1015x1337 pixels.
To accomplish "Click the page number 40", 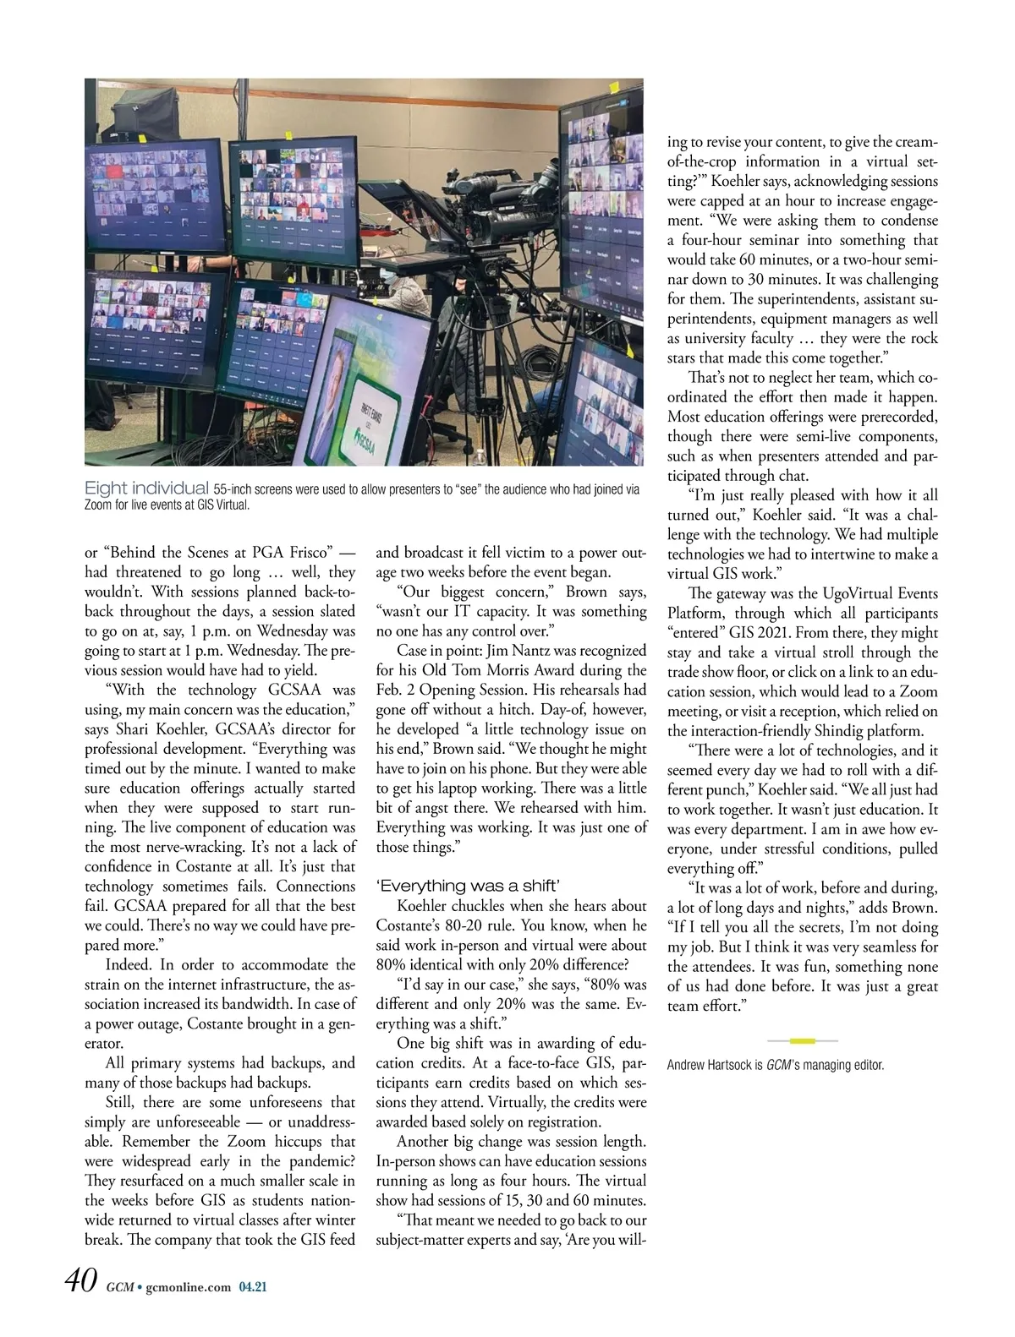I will [81, 1281].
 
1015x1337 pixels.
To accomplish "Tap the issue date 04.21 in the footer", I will [252, 1287].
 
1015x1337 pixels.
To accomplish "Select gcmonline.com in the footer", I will [188, 1287].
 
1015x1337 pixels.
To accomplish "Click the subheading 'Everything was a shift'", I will [468, 886].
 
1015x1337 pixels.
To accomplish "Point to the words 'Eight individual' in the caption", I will [146, 488].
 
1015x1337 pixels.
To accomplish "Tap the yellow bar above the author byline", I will [801, 1040].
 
